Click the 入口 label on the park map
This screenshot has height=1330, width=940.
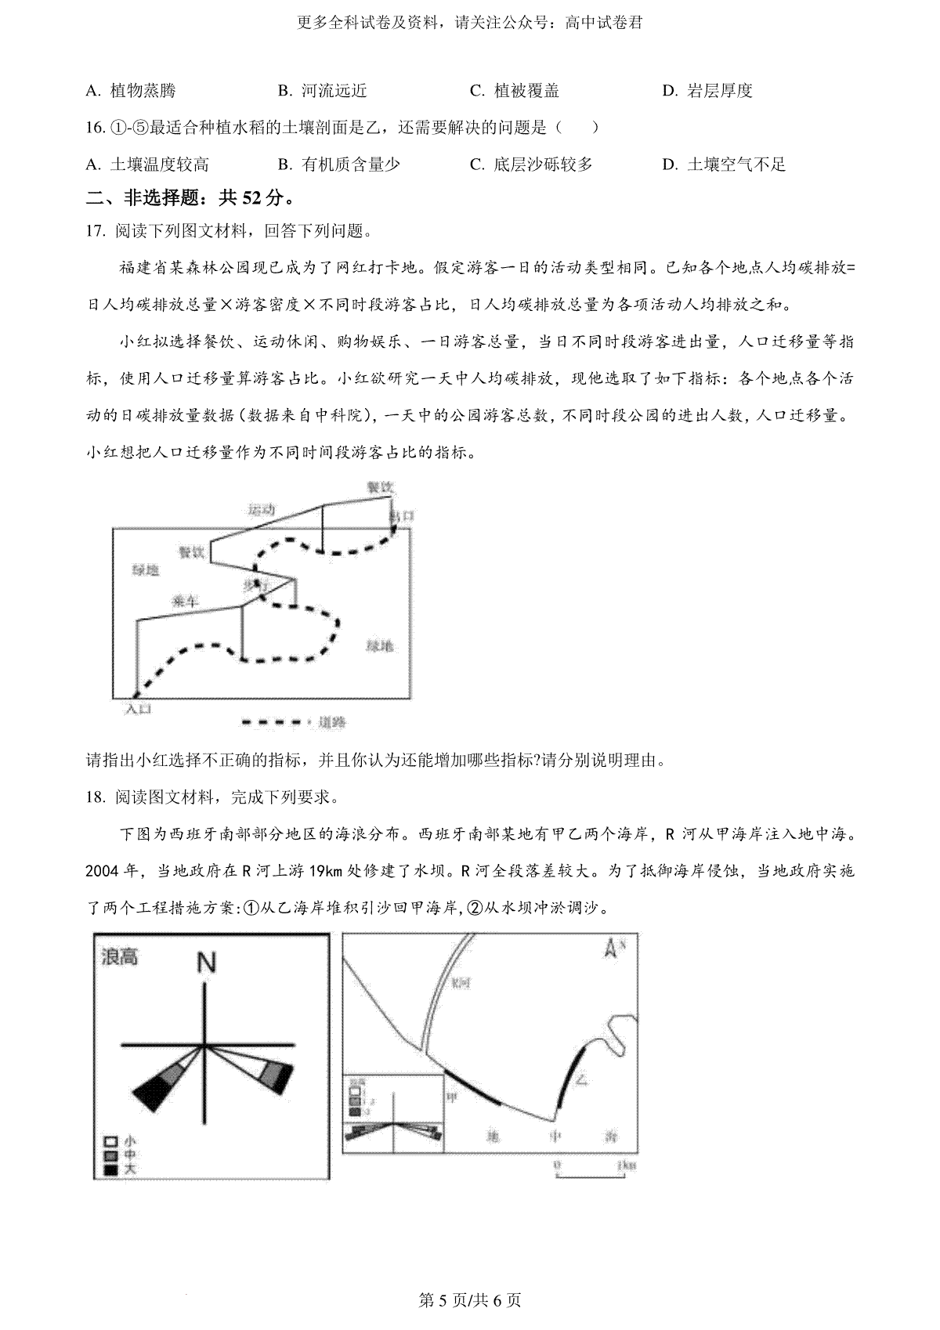tap(138, 708)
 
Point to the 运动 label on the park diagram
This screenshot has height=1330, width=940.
tap(261, 510)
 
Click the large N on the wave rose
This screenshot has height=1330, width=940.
tap(206, 962)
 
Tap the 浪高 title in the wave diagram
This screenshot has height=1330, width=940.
tap(120, 956)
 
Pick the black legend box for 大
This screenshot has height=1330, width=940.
tap(111, 1170)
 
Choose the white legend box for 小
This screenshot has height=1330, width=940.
tap(111, 1142)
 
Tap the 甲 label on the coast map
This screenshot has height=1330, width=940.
tap(452, 1098)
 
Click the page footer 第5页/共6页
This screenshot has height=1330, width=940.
tap(470, 1301)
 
